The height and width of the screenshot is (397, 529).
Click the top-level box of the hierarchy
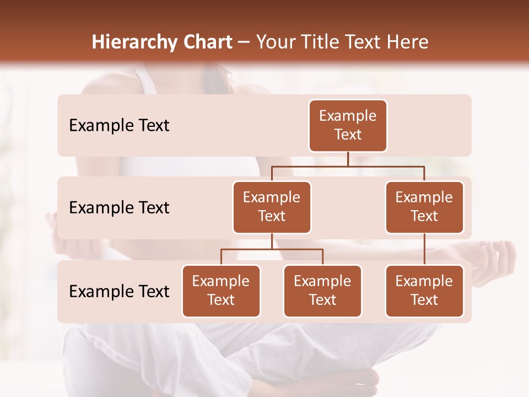coord(348,126)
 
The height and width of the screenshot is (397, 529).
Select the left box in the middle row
coord(272,207)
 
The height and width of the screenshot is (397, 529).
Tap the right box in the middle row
coord(424,207)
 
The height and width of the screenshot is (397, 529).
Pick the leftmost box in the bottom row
coord(221,291)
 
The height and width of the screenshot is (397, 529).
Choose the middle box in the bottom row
coord(322,291)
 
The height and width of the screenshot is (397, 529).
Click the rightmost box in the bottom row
coord(424,291)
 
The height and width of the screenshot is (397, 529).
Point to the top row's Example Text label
coord(119,126)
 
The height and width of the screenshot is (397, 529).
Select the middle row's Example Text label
coord(119,208)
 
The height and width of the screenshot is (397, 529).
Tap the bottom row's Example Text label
coord(119,292)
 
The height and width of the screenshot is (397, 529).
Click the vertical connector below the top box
coord(348,159)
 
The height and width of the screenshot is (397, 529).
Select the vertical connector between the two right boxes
coord(424,249)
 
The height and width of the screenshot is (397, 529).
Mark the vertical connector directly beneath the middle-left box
coord(272,241)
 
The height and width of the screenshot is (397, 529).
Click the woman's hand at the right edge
coord(499,259)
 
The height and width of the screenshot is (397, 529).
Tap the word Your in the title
coord(277,42)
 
